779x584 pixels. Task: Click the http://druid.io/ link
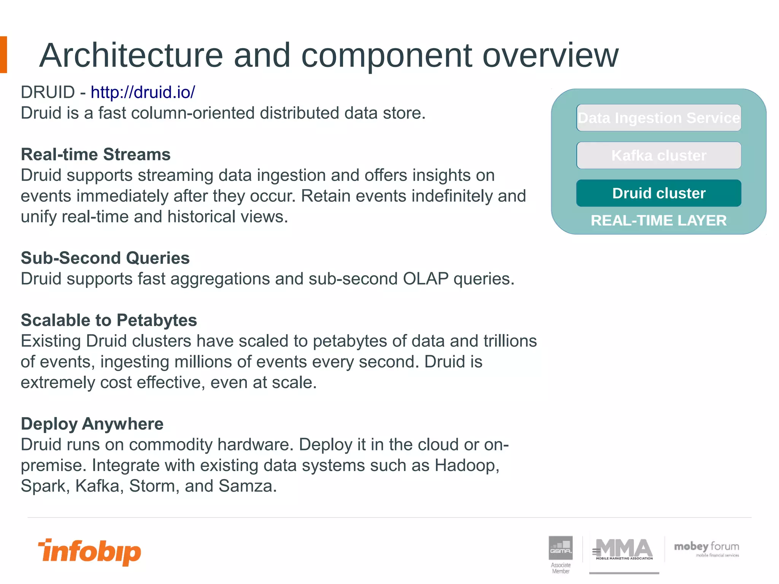(x=143, y=92)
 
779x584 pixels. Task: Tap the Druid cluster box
(x=658, y=193)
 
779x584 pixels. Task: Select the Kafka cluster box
(x=658, y=156)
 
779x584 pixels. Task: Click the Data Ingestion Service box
(x=658, y=118)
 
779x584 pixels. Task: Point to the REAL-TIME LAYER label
(x=658, y=221)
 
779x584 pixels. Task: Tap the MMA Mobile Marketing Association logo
(x=624, y=549)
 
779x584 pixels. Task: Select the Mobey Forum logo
(x=706, y=549)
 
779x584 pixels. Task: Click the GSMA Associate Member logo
(x=561, y=553)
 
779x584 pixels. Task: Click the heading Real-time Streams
(x=95, y=155)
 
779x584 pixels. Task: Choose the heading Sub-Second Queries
(x=105, y=258)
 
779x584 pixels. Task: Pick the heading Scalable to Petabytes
(x=109, y=320)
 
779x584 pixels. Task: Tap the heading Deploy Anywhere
(x=92, y=424)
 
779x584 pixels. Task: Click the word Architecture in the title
(x=131, y=56)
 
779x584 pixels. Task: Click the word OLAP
(x=426, y=279)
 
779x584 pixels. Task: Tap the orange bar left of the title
(x=3, y=54)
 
